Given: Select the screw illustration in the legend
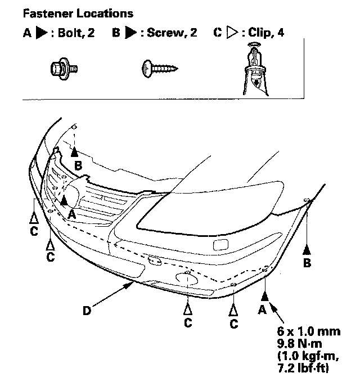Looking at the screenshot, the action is [x=159, y=69].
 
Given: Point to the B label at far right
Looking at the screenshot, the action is [x=307, y=262].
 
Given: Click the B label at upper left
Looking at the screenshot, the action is [x=78, y=165].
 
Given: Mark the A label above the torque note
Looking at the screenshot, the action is [x=261, y=309].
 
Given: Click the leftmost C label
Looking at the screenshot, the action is [x=34, y=230].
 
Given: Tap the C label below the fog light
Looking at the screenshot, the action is [x=188, y=322].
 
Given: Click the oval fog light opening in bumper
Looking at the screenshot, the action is [x=186, y=277].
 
